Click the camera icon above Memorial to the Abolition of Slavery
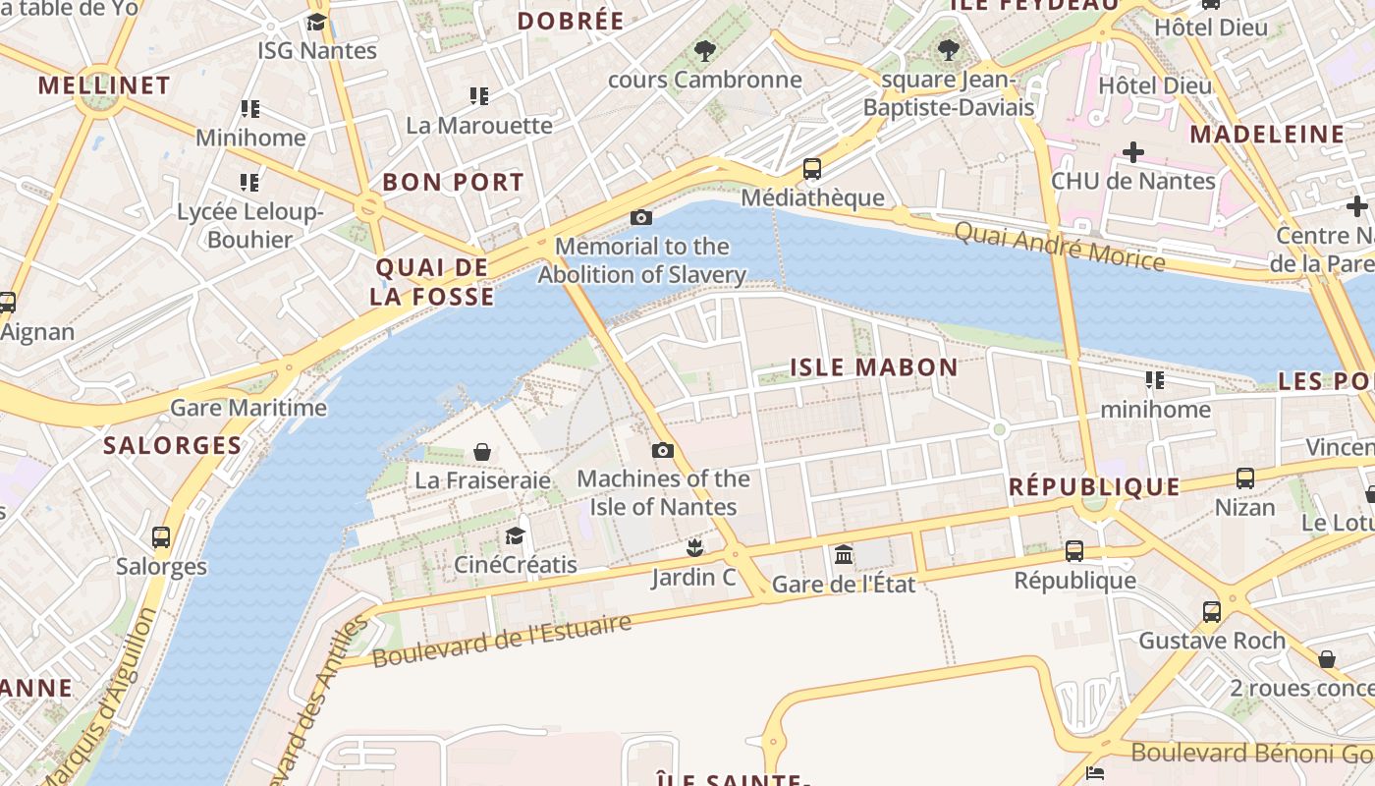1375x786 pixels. tap(641, 217)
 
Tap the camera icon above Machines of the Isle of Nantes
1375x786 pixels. tap(663, 450)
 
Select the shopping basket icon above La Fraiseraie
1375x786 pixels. tap(482, 452)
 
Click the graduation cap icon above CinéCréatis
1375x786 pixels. tap(515, 535)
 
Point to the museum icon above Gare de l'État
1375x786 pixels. tap(844, 555)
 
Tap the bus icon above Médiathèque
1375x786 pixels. tap(812, 169)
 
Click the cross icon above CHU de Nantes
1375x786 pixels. tap(1133, 152)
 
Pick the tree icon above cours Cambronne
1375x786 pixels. tap(704, 50)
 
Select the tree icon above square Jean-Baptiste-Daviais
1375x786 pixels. tap(948, 49)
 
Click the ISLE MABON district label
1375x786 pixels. tap(874, 367)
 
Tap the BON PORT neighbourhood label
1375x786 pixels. tap(453, 182)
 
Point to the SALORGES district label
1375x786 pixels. tap(173, 445)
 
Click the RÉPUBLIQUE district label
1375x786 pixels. tap(1094, 486)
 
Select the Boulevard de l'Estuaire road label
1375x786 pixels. tap(501, 642)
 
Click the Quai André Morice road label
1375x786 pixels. tap(1060, 246)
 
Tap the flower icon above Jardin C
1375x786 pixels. tap(695, 547)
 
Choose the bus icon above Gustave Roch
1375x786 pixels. tap(1211, 611)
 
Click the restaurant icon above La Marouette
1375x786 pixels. tap(479, 96)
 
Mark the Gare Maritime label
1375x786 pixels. tap(248, 408)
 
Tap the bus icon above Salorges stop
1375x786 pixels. tap(161, 537)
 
